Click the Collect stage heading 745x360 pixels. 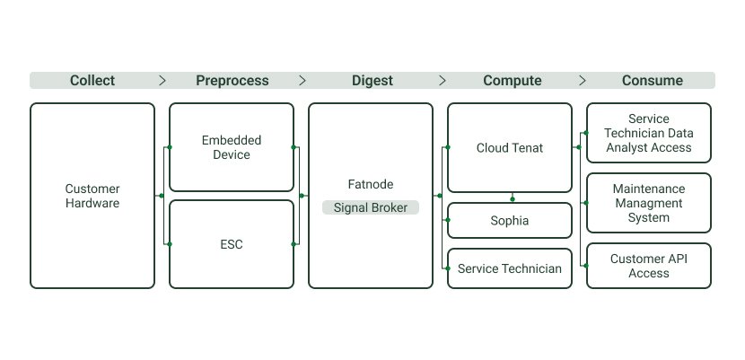click(x=92, y=81)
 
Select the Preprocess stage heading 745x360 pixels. click(x=232, y=81)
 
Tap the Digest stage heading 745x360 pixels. click(x=372, y=81)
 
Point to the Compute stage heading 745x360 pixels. click(x=513, y=81)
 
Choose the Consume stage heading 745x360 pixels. click(x=653, y=81)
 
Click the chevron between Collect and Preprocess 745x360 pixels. click(x=162, y=81)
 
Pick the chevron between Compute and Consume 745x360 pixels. click(x=583, y=81)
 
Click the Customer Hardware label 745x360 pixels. click(x=92, y=196)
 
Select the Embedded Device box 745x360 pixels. click(x=232, y=147)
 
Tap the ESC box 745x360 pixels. click(x=232, y=244)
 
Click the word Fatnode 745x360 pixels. click(x=371, y=184)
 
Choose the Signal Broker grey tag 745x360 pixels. click(x=371, y=207)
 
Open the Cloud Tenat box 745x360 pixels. click(x=510, y=148)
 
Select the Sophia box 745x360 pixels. click(x=510, y=220)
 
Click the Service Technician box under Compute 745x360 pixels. click(x=510, y=268)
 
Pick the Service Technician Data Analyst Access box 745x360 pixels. click(x=649, y=133)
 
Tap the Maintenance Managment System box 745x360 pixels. click(x=649, y=203)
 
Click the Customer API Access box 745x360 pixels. click(x=649, y=266)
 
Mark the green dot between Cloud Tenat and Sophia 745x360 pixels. click(x=513, y=199)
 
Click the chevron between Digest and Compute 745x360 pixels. click(x=443, y=81)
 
